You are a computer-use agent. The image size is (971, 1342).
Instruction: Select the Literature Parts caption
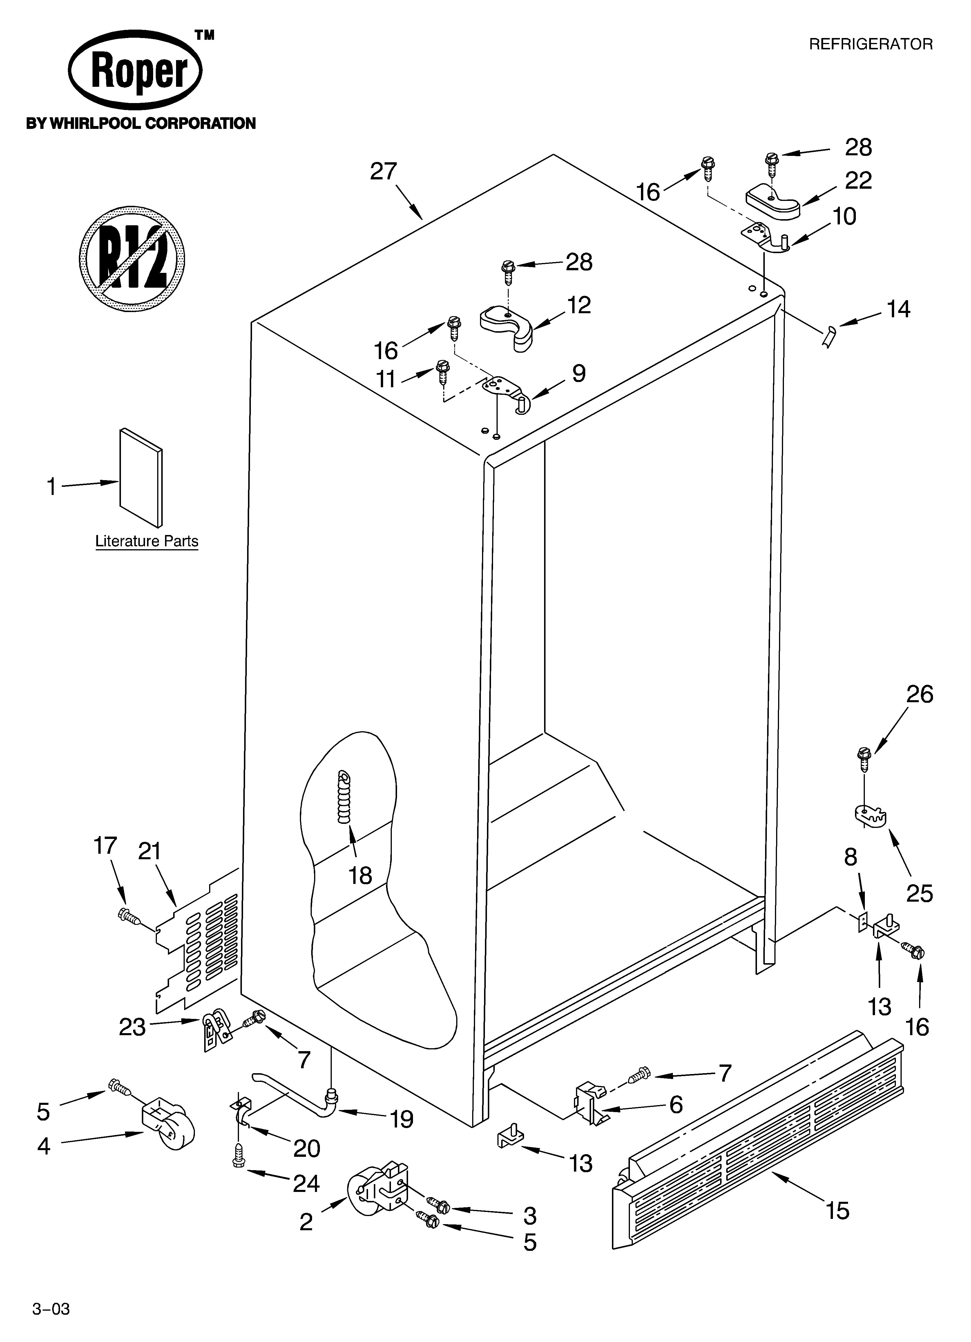(147, 541)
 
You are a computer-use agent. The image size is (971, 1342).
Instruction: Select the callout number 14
(898, 309)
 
